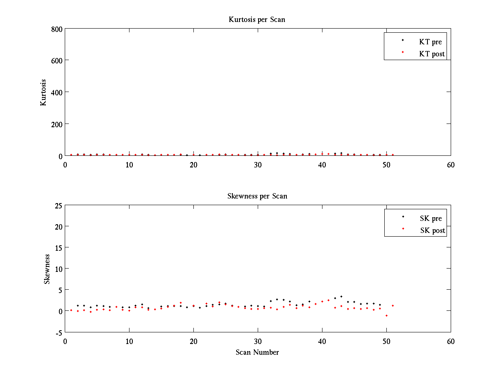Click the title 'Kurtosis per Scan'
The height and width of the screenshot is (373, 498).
pyautogui.click(x=256, y=19)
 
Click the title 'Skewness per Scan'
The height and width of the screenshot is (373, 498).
pyautogui.click(x=257, y=196)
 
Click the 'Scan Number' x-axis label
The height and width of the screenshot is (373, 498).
pyautogui.click(x=257, y=352)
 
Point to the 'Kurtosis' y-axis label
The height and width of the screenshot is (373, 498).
pyautogui.click(x=43, y=92)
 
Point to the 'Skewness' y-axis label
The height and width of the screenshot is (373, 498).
pyautogui.click(x=46, y=269)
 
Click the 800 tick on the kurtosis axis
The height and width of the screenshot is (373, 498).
pyautogui.click(x=56, y=29)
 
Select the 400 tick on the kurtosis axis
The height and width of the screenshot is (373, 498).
pyautogui.click(x=56, y=92)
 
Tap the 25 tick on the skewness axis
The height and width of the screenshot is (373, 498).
pyautogui.click(x=59, y=206)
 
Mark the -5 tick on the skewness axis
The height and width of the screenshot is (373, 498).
pyautogui.click(x=59, y=333)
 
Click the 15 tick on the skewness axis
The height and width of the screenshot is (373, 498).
pyautogui.click(x=59, y=248)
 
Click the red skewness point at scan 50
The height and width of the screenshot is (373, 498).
pyautogui.click(x=386, y=315)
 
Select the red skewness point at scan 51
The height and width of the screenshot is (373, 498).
pyautogui.click(x=393, y=305)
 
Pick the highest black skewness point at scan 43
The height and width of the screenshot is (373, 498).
pyautogui.click(x=341, y=296)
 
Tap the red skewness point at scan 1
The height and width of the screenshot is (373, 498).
pyautogui.click(x=71, y=310)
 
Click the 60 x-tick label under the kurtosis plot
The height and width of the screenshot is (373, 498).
pyautogui.click(x=451, y=165)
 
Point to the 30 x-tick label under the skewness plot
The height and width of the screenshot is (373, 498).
pyautogui.click(x=258, y=341)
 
